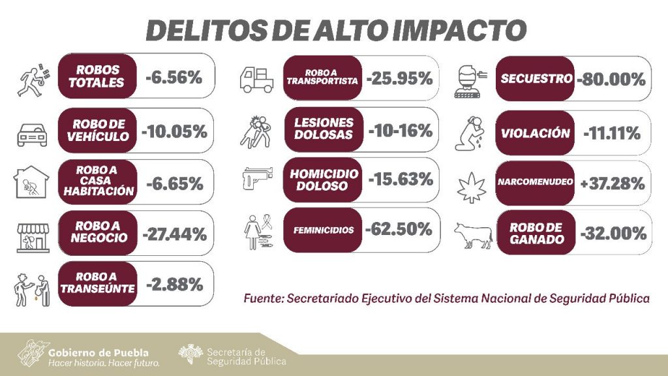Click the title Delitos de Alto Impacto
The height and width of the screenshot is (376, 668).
334,30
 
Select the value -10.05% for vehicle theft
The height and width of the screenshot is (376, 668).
174,131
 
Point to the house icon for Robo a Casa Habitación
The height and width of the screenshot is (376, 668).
32,183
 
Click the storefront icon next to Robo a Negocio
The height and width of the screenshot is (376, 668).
32,236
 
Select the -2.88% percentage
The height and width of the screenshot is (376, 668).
174,285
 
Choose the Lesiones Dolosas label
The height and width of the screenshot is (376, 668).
324,129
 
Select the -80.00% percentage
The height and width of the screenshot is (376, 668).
611,80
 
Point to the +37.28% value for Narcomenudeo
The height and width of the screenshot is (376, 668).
612,183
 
